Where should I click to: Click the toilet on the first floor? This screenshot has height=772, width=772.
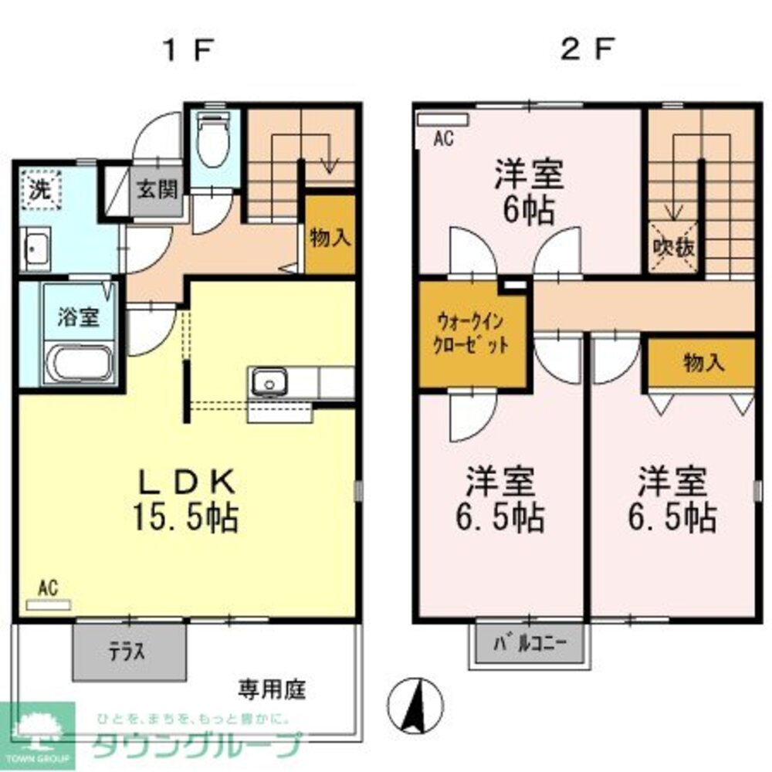[213, 138]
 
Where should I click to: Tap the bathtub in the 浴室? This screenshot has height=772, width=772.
[80, 364]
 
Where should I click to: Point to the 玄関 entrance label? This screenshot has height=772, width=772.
[157, 190]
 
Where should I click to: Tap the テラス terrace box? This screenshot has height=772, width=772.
[130, 651]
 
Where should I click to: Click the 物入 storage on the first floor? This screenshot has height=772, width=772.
[330, 238]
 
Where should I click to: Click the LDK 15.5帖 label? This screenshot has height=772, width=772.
[185, 499]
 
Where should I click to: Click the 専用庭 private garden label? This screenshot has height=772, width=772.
[272, 687]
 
